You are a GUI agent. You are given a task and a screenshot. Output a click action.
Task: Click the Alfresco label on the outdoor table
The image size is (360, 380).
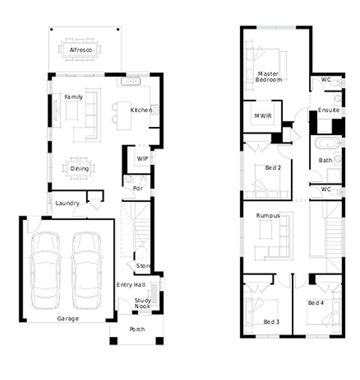click(81, 50)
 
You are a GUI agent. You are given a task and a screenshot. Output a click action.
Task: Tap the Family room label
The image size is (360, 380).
click(73, 97)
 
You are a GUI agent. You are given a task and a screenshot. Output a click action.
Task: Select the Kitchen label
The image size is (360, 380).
click(141, 110)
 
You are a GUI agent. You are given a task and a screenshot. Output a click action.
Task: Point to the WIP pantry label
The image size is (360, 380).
click(142, 158)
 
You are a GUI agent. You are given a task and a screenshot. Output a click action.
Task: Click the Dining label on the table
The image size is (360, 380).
click(79, 168)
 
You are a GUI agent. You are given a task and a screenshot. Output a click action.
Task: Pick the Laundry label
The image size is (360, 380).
click(67, 203)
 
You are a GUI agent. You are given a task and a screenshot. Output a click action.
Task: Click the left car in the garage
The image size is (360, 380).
click(45, 270)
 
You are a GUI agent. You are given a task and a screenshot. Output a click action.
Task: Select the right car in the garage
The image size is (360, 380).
click(87, 270)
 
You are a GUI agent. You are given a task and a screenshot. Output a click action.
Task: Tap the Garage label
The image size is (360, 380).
click(67, 318)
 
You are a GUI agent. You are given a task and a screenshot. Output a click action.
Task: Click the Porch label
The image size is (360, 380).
click(137, 329)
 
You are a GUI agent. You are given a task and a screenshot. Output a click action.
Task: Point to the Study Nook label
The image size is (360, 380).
click(142, 303)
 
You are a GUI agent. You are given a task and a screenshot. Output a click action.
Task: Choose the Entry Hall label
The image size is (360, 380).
click(130, 285)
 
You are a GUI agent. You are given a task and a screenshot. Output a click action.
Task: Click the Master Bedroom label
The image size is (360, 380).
click(268, 77)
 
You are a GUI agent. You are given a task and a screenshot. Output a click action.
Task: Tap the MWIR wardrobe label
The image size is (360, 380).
click(262, 116)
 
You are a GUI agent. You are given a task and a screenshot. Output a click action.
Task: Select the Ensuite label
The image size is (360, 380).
click(328, 110)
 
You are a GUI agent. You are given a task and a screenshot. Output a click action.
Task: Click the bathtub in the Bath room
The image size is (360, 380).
click(328, 143)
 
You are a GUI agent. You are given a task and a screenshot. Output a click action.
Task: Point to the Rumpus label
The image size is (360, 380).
click(268, 216)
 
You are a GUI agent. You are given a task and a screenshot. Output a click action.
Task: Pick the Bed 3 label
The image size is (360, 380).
click(271, 321)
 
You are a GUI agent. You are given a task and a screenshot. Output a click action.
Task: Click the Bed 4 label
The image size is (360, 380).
click(316, 303)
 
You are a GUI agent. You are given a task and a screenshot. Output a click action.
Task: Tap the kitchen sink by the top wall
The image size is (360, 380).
click(130, 81)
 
